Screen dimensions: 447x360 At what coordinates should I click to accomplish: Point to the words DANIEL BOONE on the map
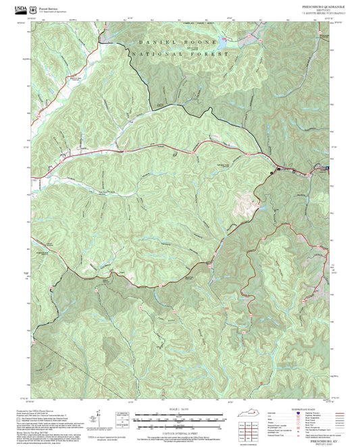[x=172, y=43]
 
